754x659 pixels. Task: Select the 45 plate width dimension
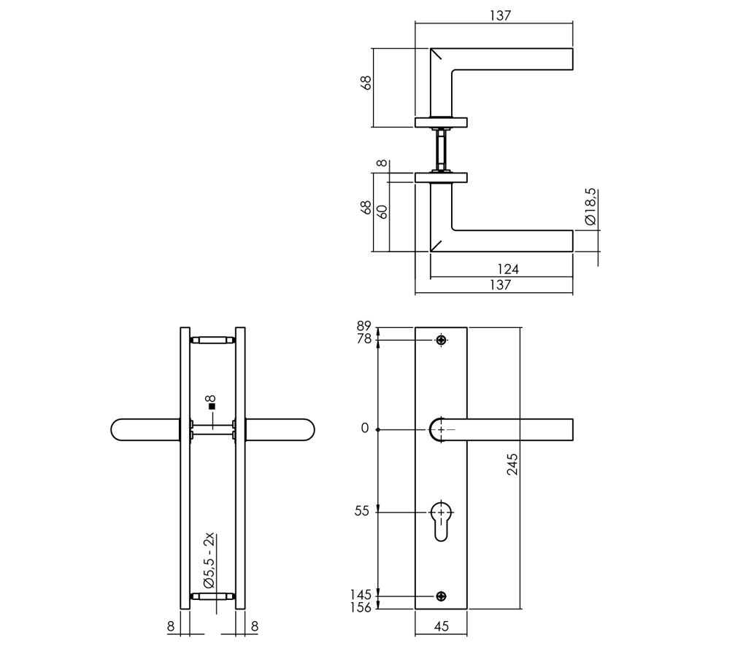(441, 625)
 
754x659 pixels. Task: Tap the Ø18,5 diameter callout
(590, 207)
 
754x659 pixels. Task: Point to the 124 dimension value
(507, 270)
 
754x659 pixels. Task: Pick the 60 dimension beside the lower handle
(381, 211)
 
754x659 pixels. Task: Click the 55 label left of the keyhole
(362, 512)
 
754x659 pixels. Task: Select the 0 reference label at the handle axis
(365, 429)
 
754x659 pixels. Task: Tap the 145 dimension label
(361, 596)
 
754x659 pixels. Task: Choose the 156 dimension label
(361, 607)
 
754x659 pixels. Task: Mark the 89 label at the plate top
(363, 327)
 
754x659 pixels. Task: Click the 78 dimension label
(363, 339)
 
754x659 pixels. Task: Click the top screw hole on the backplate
(441, 340)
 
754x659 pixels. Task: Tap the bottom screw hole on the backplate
(441, 596)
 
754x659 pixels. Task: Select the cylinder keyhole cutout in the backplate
(441, 520)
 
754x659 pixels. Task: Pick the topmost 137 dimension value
(500, 15)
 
